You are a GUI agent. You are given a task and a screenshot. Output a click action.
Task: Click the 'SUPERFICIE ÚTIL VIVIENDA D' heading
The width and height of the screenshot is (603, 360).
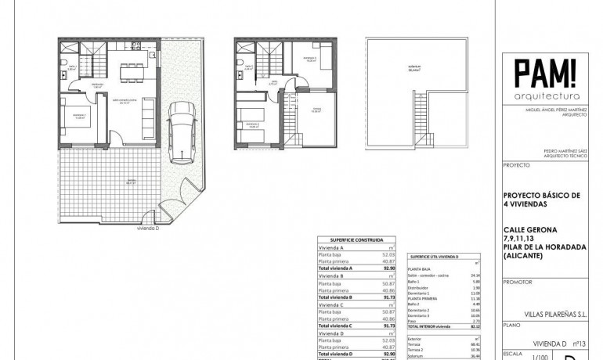point(435,256)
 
